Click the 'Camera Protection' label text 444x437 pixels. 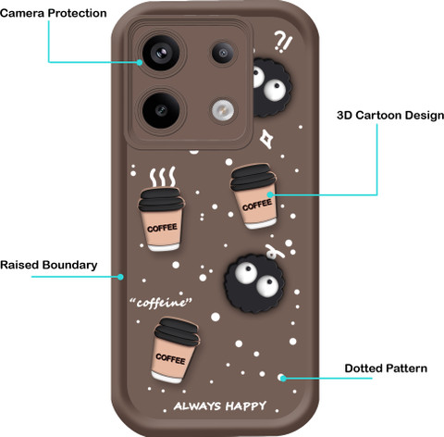tap(54, 13)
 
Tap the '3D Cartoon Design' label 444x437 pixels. tap(390, 116)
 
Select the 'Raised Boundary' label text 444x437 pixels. tap(49, 265)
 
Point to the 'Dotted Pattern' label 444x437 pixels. tap(386, 368)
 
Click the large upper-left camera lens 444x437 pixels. tap(161, 54)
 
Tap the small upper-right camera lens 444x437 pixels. tap(223, 53)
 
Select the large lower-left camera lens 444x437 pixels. tap(161, 110)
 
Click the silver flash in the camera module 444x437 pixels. tap(223, 110)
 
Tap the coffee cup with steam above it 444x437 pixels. tap(161, 219)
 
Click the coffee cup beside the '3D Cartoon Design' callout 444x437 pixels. tap(254, 196)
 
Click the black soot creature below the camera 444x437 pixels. tap(254, 282)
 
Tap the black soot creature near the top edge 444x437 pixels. tap(271, 87)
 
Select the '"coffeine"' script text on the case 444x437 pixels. tap(161, 303)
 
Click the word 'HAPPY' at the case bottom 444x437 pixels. tap(246, 406)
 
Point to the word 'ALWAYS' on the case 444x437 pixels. tap(197, 406)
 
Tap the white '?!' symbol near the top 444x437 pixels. tap(283, 42)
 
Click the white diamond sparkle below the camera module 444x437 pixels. tap(266, 139)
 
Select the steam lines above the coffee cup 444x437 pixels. tap(163, 177)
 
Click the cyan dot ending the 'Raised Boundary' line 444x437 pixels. tap(120, 277)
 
